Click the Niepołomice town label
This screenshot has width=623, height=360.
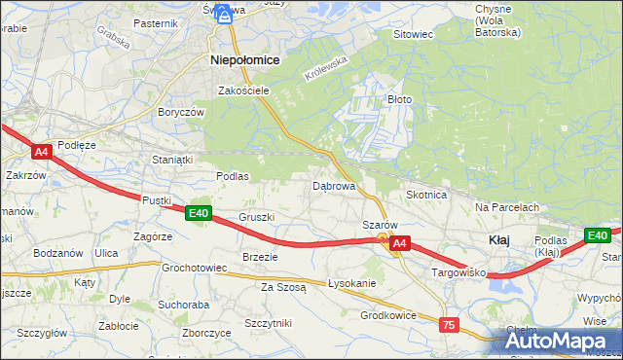(x=245, y=60)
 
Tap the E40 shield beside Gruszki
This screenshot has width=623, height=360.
(x=199, y=213)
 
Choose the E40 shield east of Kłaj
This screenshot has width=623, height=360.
(x=597, y=234)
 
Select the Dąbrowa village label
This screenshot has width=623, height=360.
(x=333, y=185)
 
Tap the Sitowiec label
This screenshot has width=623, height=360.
(x=412, y=34)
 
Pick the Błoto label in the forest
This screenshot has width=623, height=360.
(x=400, y=99)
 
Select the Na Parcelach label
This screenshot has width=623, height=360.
(x=507, y=207)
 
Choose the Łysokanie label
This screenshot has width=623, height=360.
(x=351, y=283)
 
